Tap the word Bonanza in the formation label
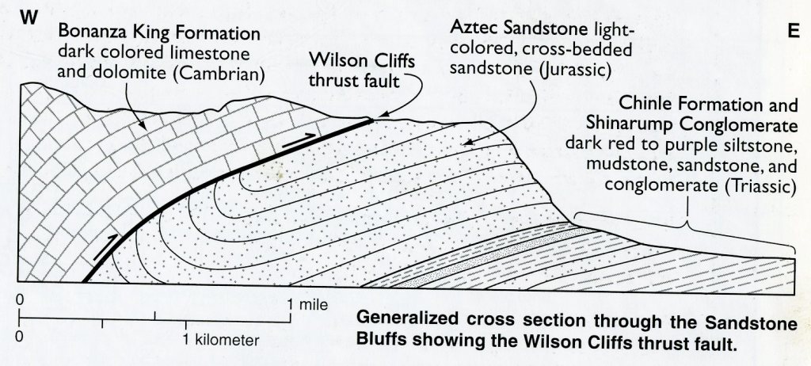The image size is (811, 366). coord(93,34)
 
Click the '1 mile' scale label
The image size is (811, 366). coord(307,304)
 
